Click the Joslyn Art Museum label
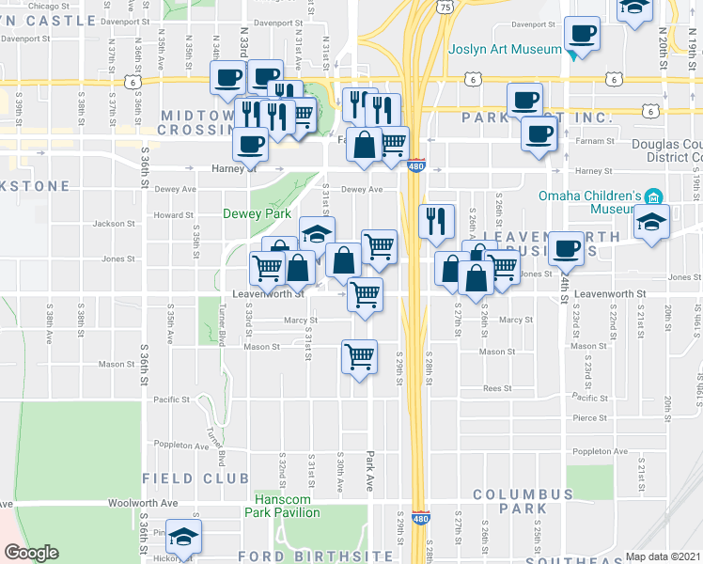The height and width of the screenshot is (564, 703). (x=504, y=49)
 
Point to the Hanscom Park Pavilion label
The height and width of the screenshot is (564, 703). (x=282, y=506)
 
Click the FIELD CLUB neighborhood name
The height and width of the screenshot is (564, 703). (x=181, y=478)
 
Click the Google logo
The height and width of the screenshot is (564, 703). (x=32, y=553)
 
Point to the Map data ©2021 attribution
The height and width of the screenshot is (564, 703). (x=663, y=556)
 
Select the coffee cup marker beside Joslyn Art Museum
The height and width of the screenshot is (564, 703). (x=583, y=35)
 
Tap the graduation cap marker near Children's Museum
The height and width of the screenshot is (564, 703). (x=650, y=224)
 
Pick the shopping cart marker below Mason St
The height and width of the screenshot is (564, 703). (x=359, y=356)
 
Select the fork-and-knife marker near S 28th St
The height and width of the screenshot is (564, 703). (x=436, y=222)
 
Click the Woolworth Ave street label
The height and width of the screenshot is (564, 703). (x=143, y=503)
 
